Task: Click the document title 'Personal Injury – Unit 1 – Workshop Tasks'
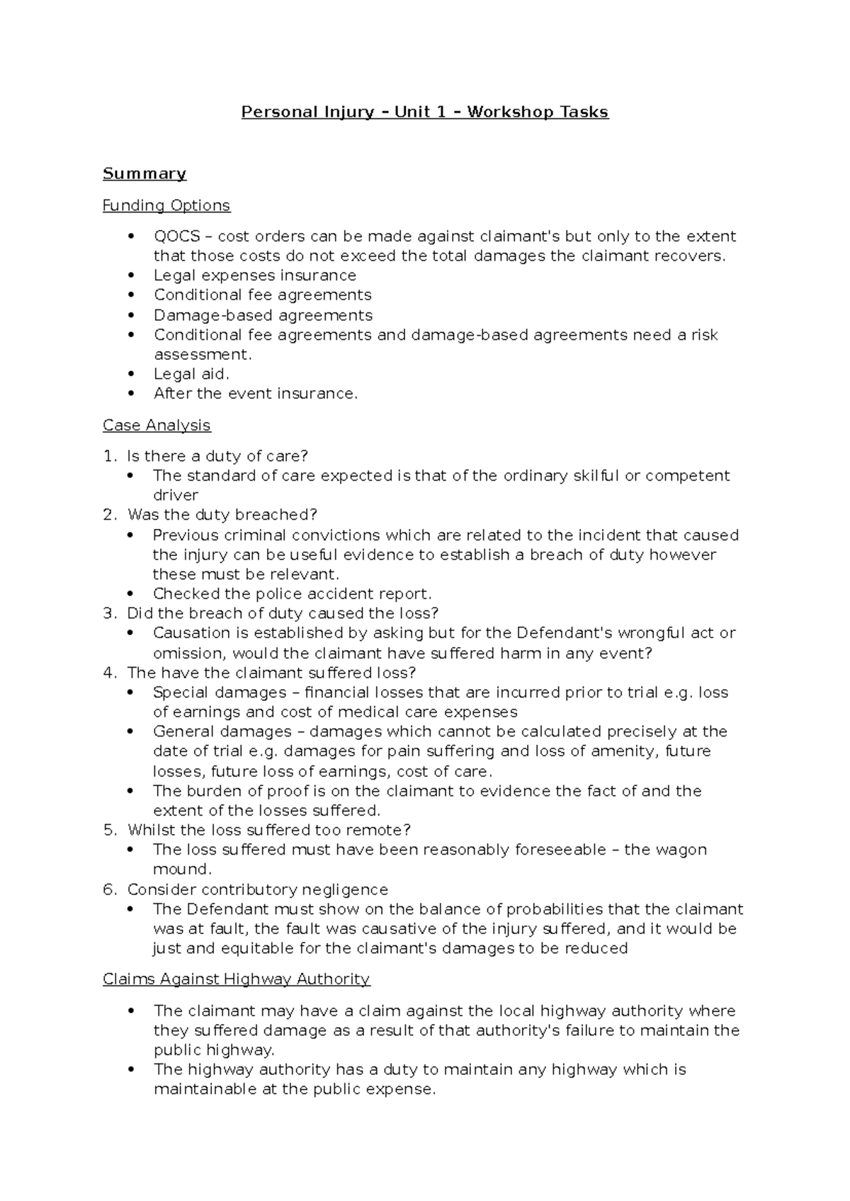coord(425,112)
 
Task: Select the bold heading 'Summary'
coord(144,173)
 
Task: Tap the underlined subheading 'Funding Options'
coord(166,205)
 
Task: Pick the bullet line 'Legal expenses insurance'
coord(255,275)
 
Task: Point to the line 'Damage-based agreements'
coord(263,314)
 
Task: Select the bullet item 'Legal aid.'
coord(191,373)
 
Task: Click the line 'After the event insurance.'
coord(256,393)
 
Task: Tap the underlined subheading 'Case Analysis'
coord(157,425)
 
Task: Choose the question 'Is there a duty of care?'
coord(217,455)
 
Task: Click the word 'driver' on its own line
coord(175,495)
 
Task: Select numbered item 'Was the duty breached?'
coord(222,514)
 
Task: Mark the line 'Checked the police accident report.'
coord(292,593)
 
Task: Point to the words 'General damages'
coord(222,731)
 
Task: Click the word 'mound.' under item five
coord(182,869)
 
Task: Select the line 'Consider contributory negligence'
coord(257,889)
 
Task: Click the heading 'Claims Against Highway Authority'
coord(236,979)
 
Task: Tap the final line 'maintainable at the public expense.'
coord(294,1089)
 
